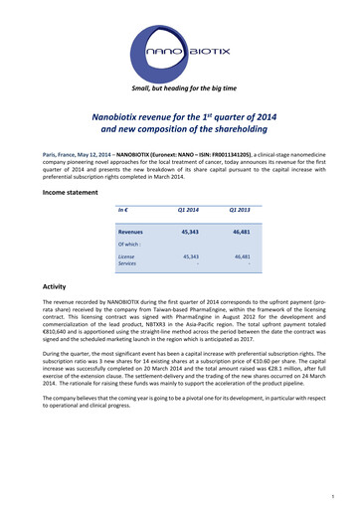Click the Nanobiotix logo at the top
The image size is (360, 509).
click(180, 48)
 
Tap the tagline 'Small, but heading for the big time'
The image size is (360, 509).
click(180, 88)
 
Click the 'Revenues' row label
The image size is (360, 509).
click(130, 230)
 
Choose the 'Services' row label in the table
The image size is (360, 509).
click(128, 264)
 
